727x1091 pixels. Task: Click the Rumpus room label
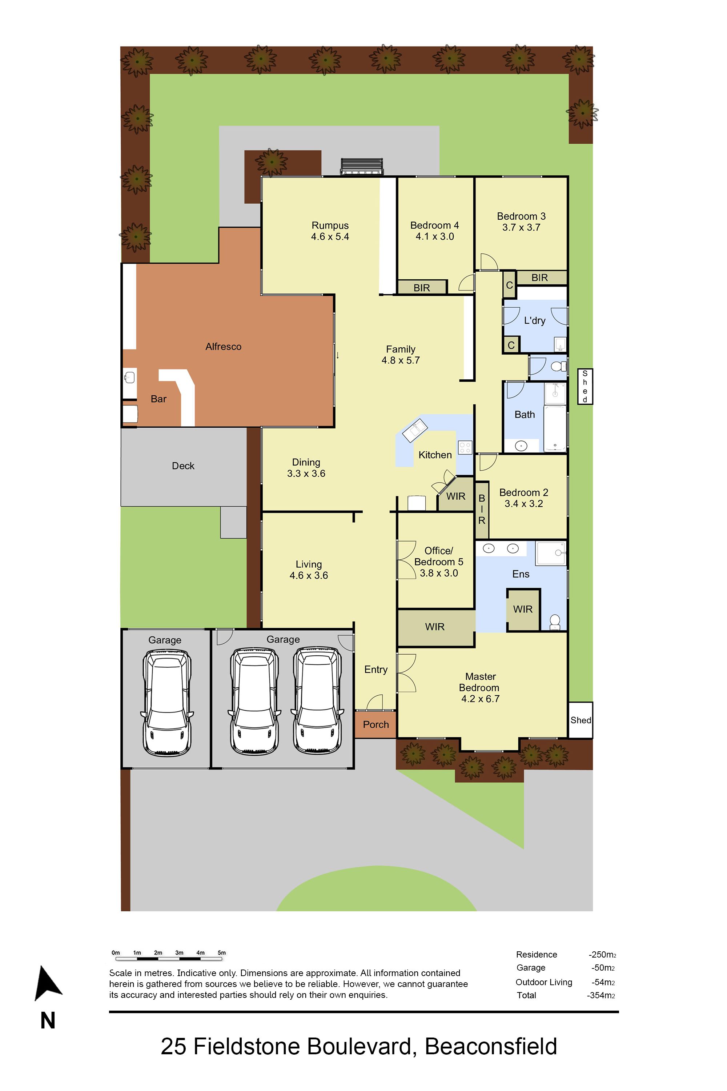[x=330, y=225]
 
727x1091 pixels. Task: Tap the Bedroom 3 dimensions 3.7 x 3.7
[x=521, y=227]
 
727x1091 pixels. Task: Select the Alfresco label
[x=224, y=347]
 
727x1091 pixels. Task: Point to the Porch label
[x=376, y=724]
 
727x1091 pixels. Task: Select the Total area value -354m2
[x=601, y=995]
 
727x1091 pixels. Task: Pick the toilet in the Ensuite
[x=555, y=622]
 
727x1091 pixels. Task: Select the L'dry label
[x=535, y=320]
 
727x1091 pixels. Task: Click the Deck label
[x=183, y=466]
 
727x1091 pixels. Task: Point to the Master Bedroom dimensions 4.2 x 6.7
[x=480, y=699]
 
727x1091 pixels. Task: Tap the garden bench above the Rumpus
[x=362, y=166]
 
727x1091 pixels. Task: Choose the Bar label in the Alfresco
[x=158, y=399]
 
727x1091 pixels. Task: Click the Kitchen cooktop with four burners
[x=465, y=447]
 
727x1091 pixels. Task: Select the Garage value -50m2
[x=603, y=968]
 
